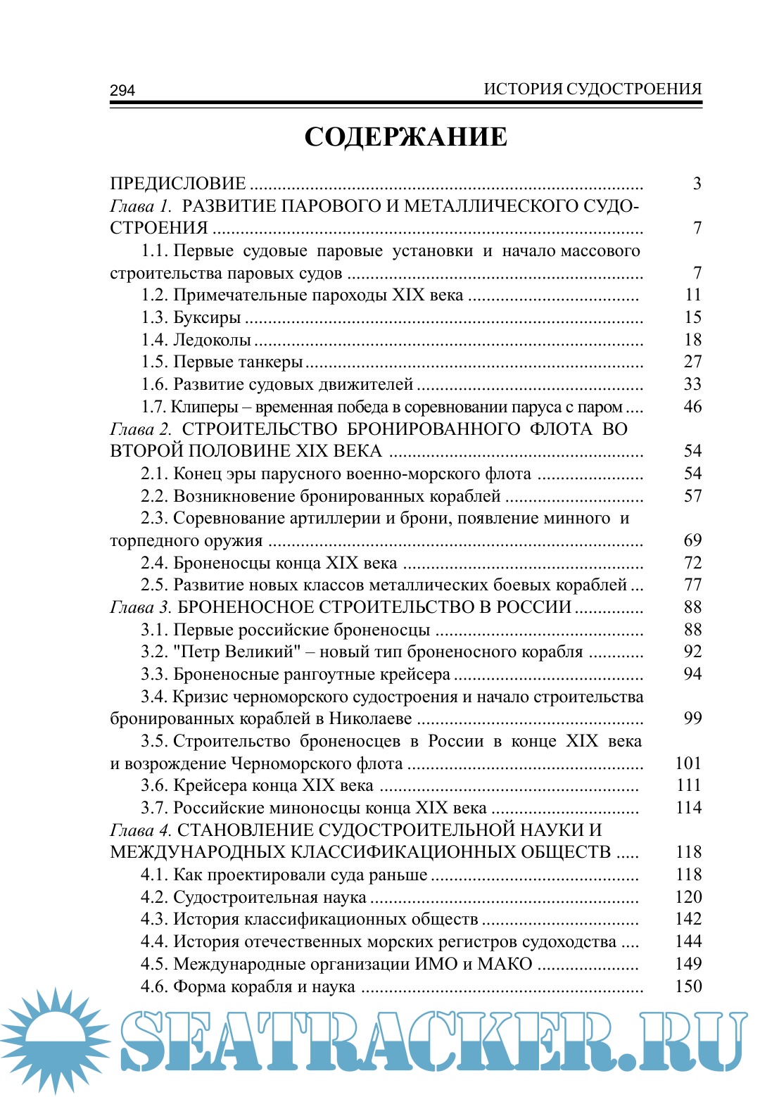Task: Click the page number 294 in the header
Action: [122, 90]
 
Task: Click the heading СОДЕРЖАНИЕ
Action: [405, 137]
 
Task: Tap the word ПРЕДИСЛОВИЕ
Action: [178, 184]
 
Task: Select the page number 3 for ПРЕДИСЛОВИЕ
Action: [697, 184]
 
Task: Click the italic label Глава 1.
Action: [141, 206]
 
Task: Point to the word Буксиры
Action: [207, 318]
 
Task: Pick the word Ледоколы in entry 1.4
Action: [212, 340]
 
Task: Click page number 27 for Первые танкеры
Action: [693, 362]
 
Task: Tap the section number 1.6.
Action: [154, 384]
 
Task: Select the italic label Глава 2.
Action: [141, 429]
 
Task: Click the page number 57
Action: [693, 496]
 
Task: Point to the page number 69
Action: [693, 540]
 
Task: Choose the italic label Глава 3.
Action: [141, 607]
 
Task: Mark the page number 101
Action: [688, 763]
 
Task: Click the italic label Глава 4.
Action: [141, 830]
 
